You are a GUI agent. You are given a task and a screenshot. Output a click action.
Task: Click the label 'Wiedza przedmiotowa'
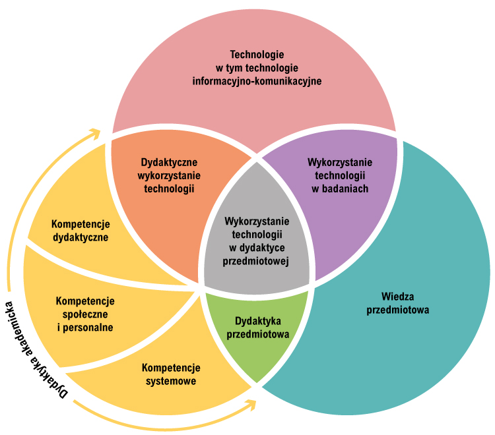(397, 303)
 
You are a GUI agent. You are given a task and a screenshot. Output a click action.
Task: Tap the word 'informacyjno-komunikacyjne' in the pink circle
(257, 81)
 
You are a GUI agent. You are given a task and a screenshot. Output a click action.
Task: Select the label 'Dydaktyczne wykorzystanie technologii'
(170, 175)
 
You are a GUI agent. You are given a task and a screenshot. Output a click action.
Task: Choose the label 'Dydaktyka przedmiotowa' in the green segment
(258, 327)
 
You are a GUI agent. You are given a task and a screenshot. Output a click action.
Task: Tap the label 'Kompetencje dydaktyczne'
(81, 230)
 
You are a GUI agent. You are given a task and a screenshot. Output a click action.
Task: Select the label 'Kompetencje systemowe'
(171, 374)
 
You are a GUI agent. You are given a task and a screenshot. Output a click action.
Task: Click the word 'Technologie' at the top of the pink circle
(257, 55)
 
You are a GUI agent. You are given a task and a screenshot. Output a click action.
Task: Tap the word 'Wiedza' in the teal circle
(398, 296)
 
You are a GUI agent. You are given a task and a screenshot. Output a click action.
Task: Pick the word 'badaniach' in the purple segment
(340, 188)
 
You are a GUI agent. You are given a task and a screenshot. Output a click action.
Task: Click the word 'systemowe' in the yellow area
(171, 380)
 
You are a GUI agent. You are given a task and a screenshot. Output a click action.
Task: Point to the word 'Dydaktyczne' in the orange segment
(170, 161)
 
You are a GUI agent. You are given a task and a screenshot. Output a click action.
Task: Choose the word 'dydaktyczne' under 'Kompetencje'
(81, 237)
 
